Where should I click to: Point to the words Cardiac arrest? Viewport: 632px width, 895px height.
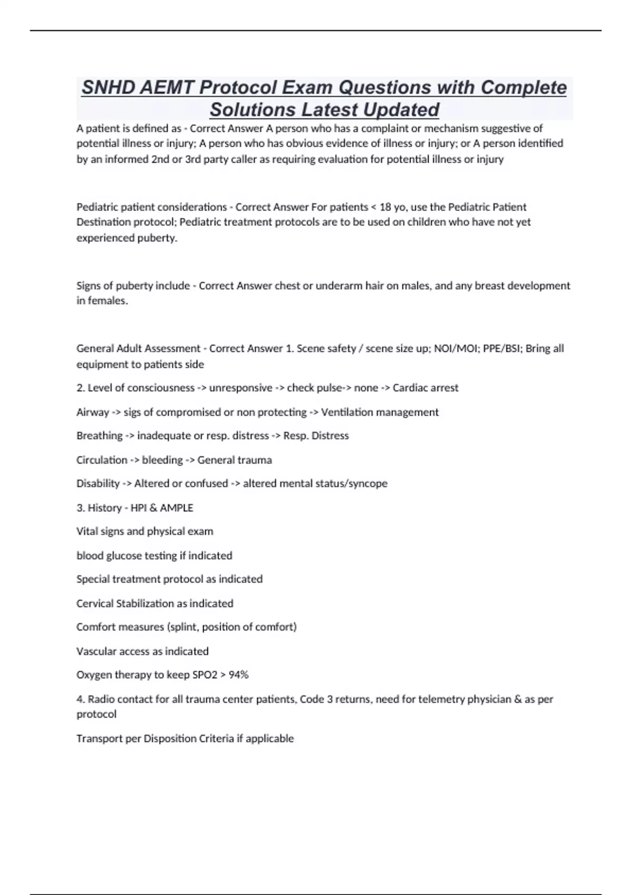426,388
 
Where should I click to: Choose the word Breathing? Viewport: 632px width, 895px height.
100,436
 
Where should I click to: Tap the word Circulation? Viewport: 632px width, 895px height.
102,460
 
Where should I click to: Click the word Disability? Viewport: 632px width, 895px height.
98,483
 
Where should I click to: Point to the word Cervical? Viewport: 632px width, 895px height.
94,603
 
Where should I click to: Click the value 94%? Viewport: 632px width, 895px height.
239,675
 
